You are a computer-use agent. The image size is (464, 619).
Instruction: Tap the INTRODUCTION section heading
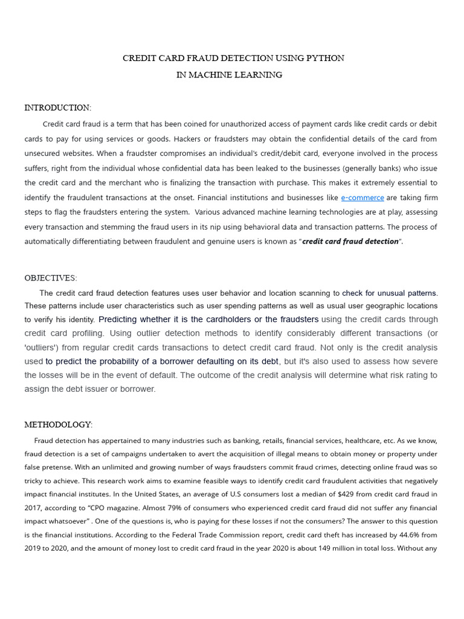(x=57, y=108)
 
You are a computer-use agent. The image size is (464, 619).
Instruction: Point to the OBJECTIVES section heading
(x=51, y=278)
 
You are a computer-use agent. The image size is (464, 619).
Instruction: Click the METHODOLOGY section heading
(x=58, y=425)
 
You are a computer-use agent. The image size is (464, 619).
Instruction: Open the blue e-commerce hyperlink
(x=362, y=198)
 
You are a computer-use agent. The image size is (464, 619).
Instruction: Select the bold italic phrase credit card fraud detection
(x=350, y=241)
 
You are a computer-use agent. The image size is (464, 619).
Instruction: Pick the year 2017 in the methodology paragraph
(x=34, y=508)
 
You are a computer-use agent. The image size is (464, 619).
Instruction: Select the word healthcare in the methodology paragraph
(x=370, y=440)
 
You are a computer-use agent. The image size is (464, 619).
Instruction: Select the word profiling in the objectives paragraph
(x=85, y=333)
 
